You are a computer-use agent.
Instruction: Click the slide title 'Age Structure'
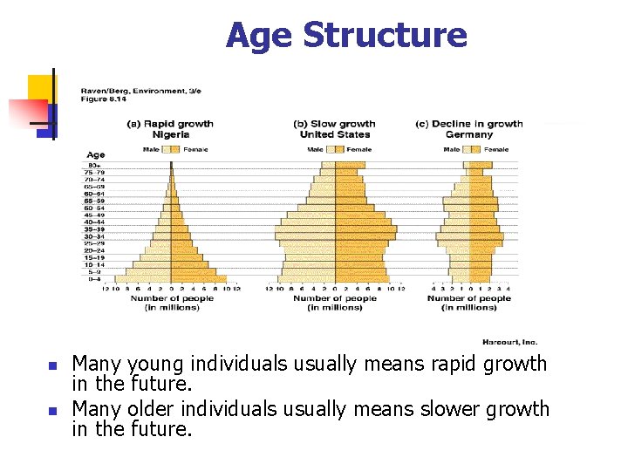tap(346, 36)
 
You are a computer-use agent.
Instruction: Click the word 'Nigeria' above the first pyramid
tap(170, 134)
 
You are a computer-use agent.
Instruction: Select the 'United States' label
tap(334, 134)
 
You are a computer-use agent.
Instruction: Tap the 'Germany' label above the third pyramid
tap(468, 134)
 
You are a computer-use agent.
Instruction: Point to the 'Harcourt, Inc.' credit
tap(509, 342)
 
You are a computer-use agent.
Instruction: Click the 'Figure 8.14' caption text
tap(99, 99)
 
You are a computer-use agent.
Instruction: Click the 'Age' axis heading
tap(95, 155)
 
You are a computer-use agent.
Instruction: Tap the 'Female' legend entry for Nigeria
tap(189, 149)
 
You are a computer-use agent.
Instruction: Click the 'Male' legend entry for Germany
tap(452, 149)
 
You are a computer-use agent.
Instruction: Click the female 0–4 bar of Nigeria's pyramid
tap(198, 279)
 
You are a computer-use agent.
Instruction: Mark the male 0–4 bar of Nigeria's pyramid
tap(142, 279)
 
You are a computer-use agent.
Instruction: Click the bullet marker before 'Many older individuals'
tap(52, 410)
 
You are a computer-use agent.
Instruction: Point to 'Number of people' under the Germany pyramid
tap(468, 298)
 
